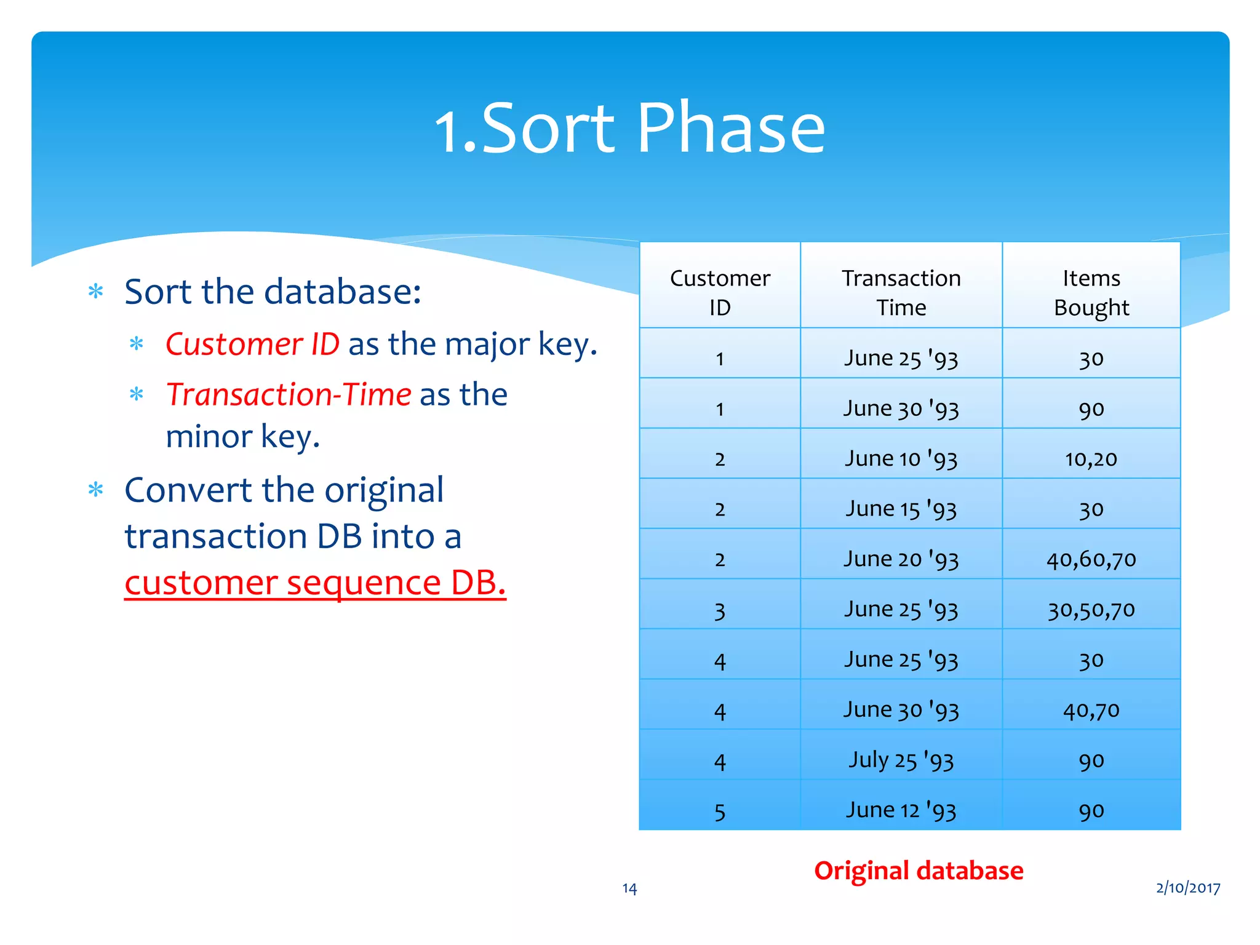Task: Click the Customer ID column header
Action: click(x=719, y=292)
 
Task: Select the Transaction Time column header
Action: click(x=901, y=292)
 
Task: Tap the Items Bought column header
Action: click(x=1091, y=292)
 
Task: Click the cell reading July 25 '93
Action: click(x=901, y=760)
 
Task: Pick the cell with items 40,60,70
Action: click(x=1091, y=559)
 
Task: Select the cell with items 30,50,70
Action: click(x=1091, y=610)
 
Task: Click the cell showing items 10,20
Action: click(x=1091, y=459)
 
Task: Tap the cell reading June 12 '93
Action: click(x=901, y=810)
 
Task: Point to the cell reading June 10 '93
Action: click(x=901, y=459)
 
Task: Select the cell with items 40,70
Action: click(x=1091, y=711)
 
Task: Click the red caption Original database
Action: click(x=918, y=871)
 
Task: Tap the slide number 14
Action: click(x=629, y=888)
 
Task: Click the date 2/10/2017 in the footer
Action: click(x=1187, y=888)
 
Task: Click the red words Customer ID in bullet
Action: click(x=252, y=344)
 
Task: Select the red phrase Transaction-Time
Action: click(x=288, y=394)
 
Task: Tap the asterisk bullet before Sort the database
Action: click(x=95, y=291)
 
